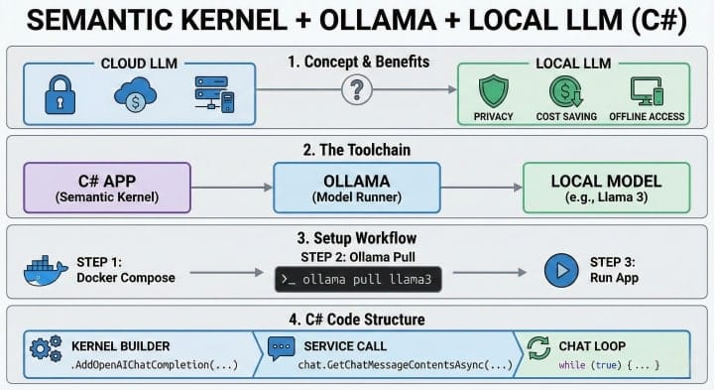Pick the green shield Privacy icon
click(493, 91)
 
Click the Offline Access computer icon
click(646, 91)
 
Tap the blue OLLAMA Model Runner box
click(356, 189)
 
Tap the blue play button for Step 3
click(561, 270)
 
